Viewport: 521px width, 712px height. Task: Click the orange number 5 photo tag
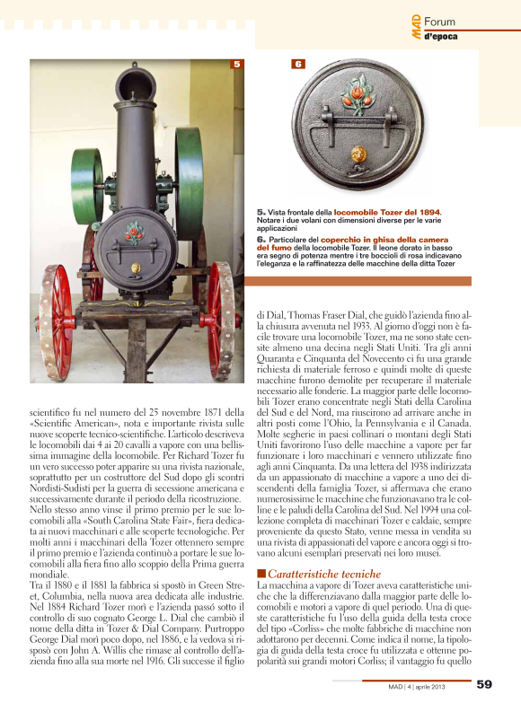(236, 64)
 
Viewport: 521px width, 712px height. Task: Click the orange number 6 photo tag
(297, 64)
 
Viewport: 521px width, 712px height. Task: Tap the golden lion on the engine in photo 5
(136, 267)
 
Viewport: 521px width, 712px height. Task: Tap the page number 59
(485, 684)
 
